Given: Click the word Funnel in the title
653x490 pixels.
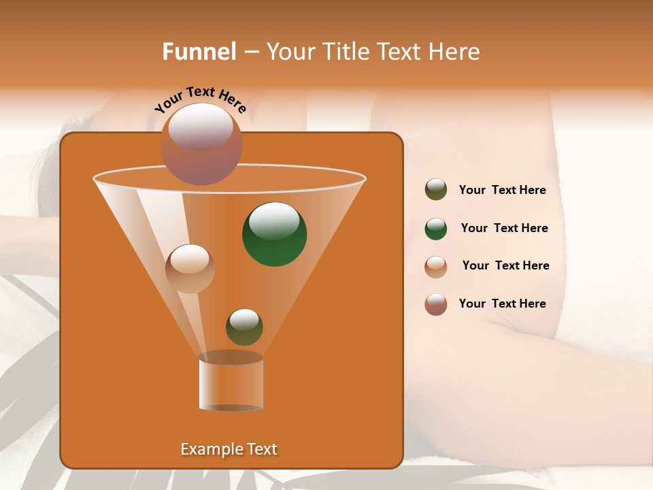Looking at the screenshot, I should [199, 52].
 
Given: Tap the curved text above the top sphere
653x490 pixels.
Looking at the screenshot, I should [200, 99].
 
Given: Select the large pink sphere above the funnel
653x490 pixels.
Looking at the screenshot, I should [201, 144].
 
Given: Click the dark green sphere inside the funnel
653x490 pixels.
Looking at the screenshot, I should [274, 235].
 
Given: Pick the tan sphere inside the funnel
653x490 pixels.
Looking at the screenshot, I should [190, 269].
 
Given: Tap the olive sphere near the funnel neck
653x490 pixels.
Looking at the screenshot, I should [244, 327].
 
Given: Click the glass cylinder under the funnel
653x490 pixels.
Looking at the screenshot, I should [231, 382].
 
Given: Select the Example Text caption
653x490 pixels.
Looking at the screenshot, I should [229, 449].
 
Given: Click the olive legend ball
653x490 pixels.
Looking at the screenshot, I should [436, 190].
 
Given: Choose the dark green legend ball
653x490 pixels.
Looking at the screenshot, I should [436, 229].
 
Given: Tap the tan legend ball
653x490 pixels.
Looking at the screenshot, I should [436, 267].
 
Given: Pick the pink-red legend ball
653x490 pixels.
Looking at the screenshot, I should [436, 304].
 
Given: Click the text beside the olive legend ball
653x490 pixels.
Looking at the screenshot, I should [502, 191].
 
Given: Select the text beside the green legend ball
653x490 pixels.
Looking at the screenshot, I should [504, 229].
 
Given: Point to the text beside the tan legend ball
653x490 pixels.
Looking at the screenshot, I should [505, 266].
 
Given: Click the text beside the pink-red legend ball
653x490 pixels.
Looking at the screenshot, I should [502, 304].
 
